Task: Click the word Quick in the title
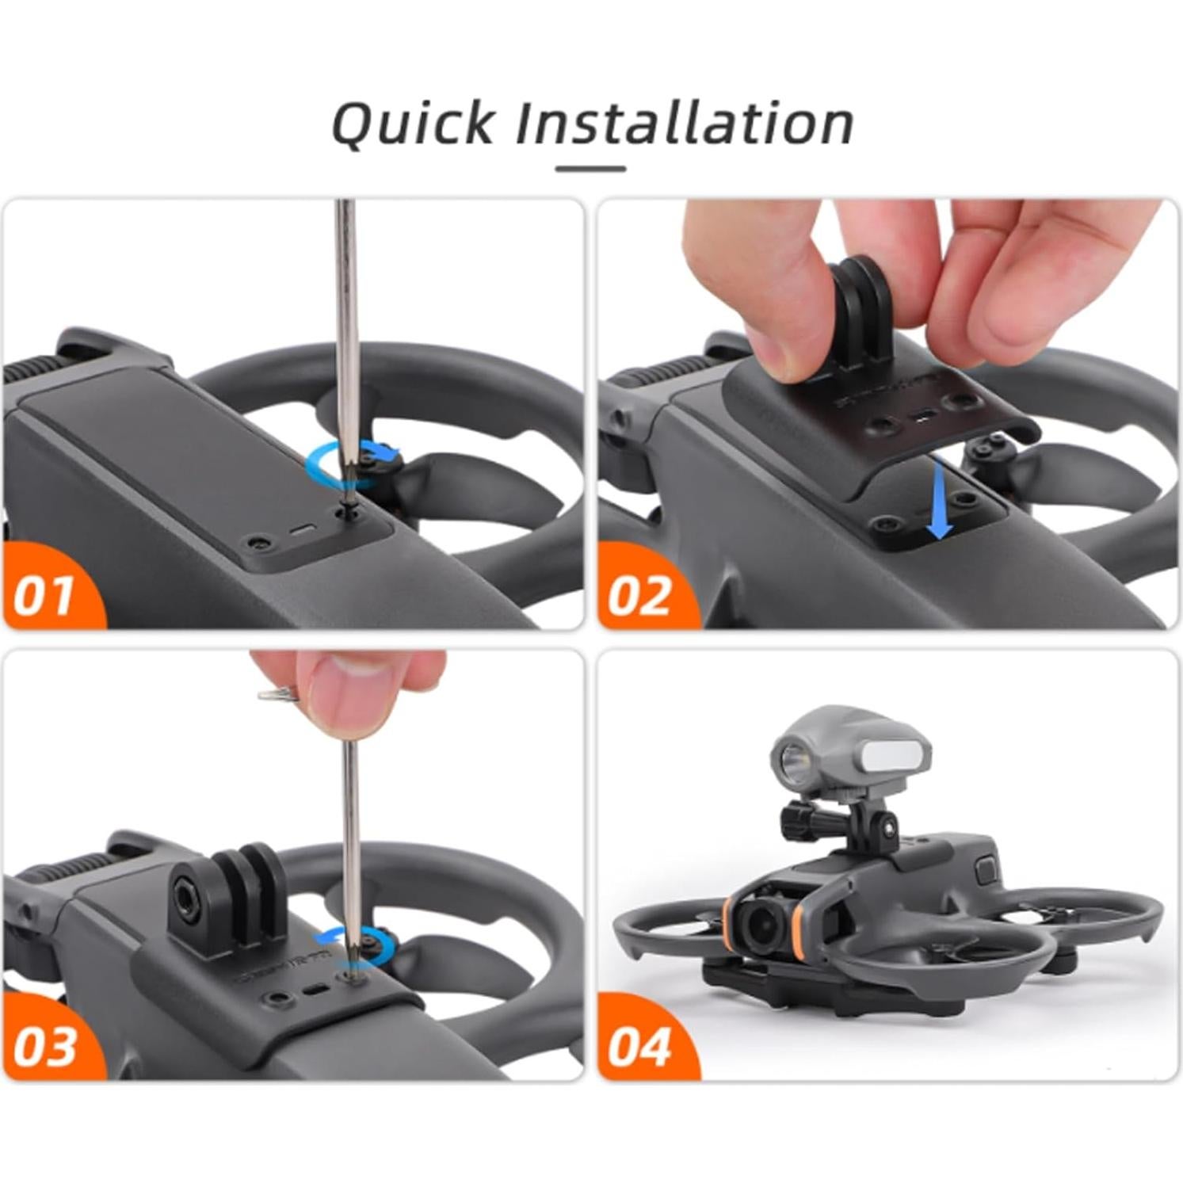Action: tap(412, 124)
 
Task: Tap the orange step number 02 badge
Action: tap(639, 595)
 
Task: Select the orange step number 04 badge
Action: tap(639, 1045)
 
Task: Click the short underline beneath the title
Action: tap(590, 169)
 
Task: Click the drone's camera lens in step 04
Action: tap(758, 922)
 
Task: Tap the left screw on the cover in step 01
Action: tap(256, 544)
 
